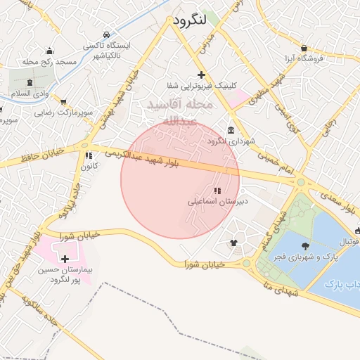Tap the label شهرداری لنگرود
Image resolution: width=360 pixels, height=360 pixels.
point(229,141)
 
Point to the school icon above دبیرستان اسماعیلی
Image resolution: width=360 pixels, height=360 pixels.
point(217,191)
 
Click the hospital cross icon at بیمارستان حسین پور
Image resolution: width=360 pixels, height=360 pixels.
point(65,259)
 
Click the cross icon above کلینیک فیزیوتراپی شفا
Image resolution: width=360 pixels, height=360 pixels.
point(202,75)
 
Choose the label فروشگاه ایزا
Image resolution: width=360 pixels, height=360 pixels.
point(303,58)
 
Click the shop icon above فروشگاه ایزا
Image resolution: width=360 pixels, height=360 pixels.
point(303,48)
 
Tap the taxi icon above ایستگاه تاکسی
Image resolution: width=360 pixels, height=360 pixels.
point(105,34)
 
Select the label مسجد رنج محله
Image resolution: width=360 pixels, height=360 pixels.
point(49,63)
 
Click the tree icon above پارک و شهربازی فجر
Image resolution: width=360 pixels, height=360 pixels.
point(305,245)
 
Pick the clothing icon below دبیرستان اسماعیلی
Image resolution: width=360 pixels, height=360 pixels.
point(233,243)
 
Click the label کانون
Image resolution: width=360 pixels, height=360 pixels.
point(88,167)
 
